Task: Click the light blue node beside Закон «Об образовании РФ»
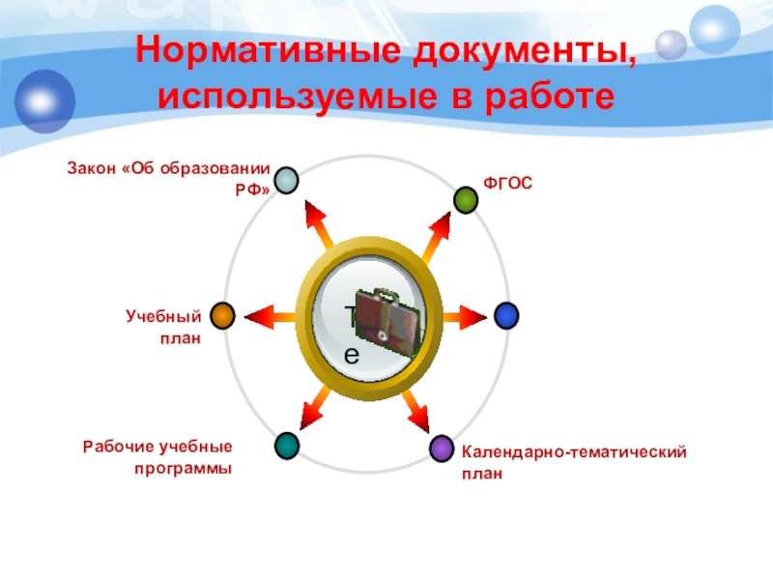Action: pyautogui.click(x=285, y=180)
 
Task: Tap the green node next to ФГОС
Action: pyautogui.click(x=467, y=199)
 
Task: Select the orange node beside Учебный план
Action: pyautogui.click(x=223, y=315)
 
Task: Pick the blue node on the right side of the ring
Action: pyautogui.click(x=506, y=315)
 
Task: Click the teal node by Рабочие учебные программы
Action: pyautogui.click(x=287, y=446)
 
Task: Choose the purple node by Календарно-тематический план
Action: pyautogui.click(x=442, y=448)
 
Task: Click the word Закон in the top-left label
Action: pyautogui.click(x=90, y=169)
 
